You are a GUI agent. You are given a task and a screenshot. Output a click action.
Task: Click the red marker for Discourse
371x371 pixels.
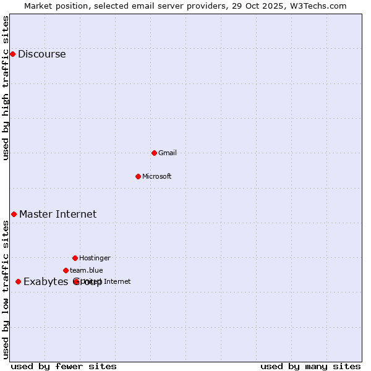click(12, 54)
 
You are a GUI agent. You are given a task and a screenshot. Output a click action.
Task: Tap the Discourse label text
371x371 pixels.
click(41, 54)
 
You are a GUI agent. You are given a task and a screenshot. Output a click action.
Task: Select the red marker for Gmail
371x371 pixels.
click(154, 153)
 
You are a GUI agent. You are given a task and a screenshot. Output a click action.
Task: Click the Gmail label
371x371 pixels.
click(167, 153)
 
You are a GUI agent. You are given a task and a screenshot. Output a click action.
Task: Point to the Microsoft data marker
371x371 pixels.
click(138, 176)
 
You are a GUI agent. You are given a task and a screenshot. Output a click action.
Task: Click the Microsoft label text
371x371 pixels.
click(156, 176)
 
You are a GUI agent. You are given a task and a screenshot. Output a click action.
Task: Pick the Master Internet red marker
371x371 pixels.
click(14, 214)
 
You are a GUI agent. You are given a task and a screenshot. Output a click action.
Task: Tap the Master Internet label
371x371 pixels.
click(58, 214)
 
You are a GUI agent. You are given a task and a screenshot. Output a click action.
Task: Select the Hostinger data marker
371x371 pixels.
click(75, 258)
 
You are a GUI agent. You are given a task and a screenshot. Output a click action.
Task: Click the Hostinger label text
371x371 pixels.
click(95, 258)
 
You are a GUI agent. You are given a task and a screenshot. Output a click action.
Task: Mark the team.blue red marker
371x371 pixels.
click(66, 270)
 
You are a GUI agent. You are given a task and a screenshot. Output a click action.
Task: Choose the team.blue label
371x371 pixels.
click(86, 270)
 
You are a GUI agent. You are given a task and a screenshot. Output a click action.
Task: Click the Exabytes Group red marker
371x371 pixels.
click(18, 281)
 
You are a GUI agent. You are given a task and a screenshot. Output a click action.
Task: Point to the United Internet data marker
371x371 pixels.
click(76, 281)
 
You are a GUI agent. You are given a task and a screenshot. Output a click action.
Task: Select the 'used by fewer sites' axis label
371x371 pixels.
click(64, 366)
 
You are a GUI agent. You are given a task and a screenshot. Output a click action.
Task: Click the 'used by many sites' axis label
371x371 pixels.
click(310, 366)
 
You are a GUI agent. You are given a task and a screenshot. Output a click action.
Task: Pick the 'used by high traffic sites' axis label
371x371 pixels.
click(6, 88)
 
